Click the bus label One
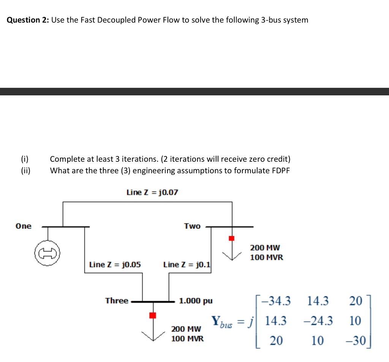coord(24,226)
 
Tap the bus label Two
coord(192,226)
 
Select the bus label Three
coord(117,301)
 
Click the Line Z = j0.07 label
coord(152,193)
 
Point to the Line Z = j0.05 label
coord(115,264)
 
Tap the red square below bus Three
coord(152,315)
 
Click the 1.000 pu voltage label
coord(196,301)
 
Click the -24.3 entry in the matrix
coord(318,321)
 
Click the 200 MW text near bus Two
coord(265,248)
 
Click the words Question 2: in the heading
coord(28,20)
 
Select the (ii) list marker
coord(26,170)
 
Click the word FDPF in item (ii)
coord(281,170)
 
